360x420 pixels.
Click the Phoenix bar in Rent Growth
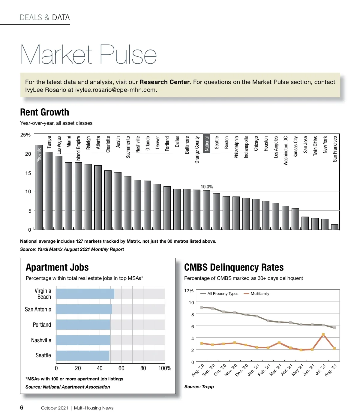tap(39, 187)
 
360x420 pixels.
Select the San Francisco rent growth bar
tap(334, 227)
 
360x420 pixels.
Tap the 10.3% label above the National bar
tap(207, 187)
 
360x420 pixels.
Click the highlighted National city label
tap(207, 143)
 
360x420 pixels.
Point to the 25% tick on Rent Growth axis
tap(25, 135)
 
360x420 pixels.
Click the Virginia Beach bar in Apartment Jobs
tap(85, 294)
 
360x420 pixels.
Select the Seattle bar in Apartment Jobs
tap(82, 355)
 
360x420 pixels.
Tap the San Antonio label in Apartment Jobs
tap(38, 309)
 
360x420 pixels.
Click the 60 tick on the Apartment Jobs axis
tap(121, 368)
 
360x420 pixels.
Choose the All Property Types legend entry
tap(223, 294)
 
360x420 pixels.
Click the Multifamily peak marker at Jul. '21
tap(323, 334)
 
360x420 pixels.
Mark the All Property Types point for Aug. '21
tap(334, 328)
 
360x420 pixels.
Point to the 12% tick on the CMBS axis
tap(189, 291)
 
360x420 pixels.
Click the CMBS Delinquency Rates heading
tap(234, 267)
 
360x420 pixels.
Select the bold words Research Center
tap(164, 82)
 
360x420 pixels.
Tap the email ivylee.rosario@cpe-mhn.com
tap(115, 90)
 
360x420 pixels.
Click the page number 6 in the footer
tap(22, 407)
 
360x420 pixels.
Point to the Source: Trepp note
tap(199, 387)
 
